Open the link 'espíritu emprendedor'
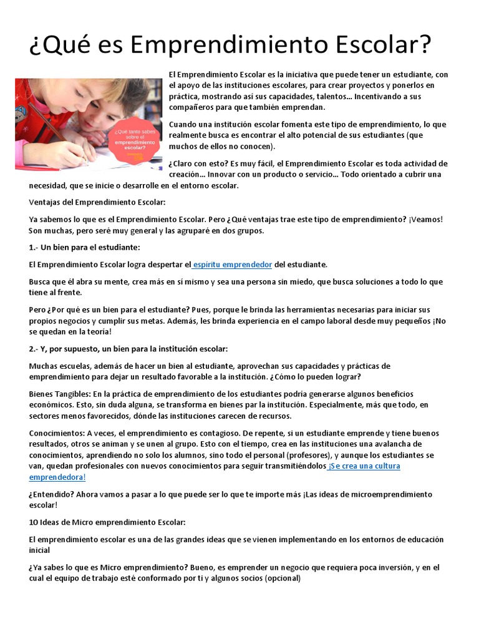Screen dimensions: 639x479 click(233, 265)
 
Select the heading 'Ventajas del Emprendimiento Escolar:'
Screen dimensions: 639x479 click(97, 202)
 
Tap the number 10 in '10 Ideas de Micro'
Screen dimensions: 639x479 click(34, 522)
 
